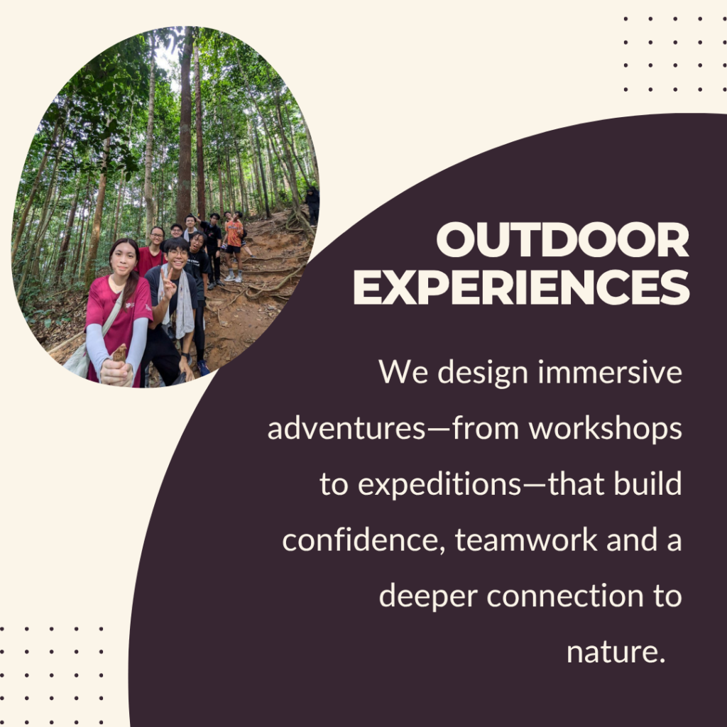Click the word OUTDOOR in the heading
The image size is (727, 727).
[562, 239]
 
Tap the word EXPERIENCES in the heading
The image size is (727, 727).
[522, 287]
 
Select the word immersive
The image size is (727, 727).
[610, 372]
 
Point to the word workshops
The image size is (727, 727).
[605, 428]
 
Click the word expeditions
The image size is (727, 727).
[440, 485]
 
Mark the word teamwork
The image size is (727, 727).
[526, 540]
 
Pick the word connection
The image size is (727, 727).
[565, 596]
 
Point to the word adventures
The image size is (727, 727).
[346, 429]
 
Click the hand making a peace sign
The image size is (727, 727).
[168, 284]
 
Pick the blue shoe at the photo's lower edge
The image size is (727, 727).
[203, 368]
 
